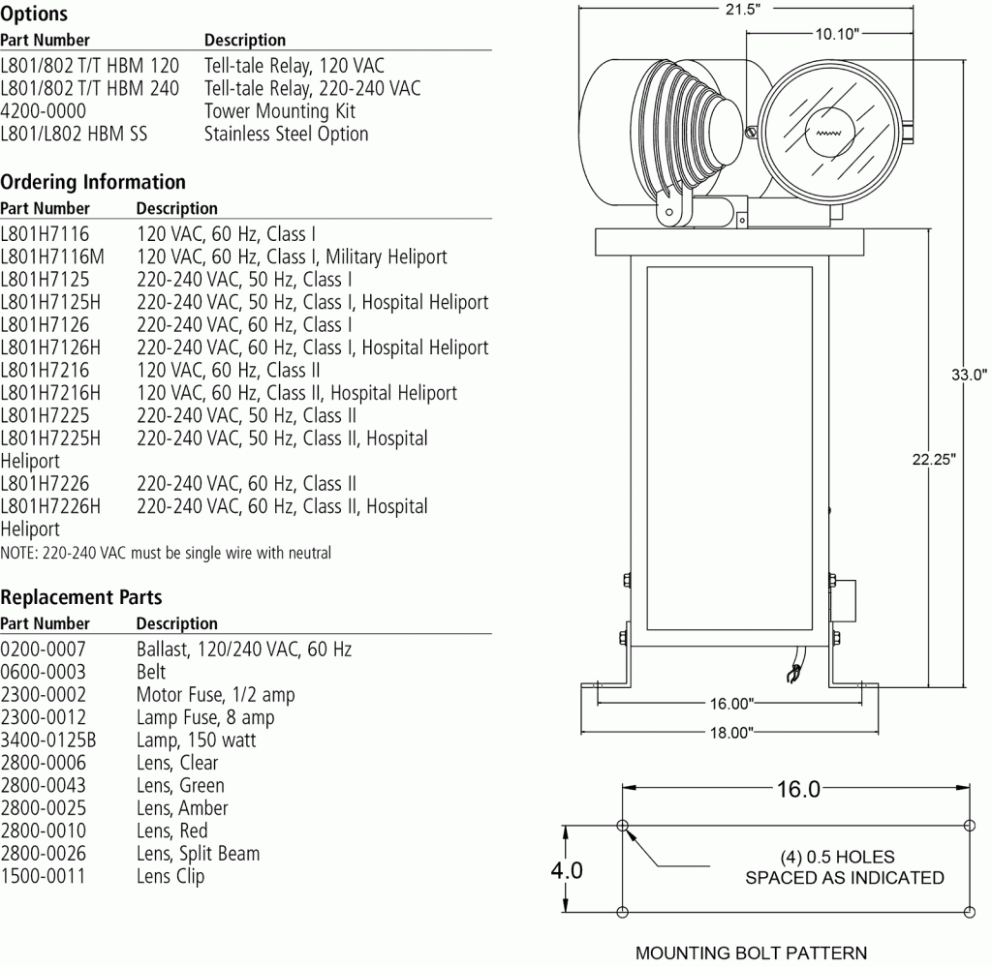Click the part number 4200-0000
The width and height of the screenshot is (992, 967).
coord(43,110)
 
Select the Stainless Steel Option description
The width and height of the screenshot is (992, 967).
coord(286,134)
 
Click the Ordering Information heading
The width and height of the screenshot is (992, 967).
coord(93,182)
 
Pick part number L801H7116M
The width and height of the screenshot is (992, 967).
coord(52,257)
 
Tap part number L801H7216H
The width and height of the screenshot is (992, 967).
coord(50,393)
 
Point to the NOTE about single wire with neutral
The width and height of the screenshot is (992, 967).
coord(166,554)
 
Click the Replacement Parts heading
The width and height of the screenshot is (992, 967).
coord(81,597)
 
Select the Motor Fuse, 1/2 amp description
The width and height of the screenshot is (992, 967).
coord(215,695)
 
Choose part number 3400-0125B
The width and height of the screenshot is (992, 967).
coord(48,740)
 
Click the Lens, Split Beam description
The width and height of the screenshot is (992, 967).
coord(198,854)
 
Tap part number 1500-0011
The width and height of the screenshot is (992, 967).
coord(43,877)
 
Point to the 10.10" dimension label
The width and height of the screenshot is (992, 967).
coord(836,33)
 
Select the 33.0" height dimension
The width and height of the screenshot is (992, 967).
coord(967,375)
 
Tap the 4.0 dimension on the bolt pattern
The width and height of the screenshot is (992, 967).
coord(567,869)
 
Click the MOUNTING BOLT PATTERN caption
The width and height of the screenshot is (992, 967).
coord(751,952)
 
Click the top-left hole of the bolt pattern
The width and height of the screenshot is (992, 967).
coord(622,826)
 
